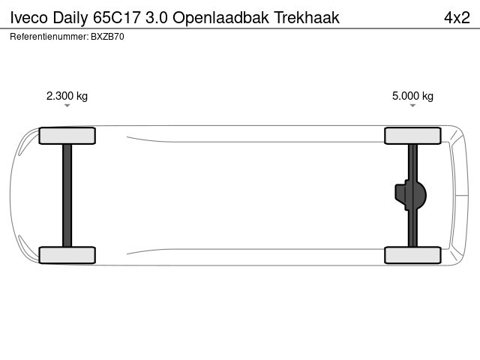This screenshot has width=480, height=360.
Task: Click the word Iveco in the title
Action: (x=28, y=17)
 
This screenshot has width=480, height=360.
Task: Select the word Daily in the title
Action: (x=70, y=18)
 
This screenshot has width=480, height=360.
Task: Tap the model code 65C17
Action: (x=117, y=17)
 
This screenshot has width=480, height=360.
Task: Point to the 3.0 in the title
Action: (x=157, y=17)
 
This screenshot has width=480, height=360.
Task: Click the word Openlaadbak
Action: (x=220, y=18)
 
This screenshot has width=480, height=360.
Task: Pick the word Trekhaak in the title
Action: (x=307, y=17)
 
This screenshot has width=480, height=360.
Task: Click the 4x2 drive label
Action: (x=457, y=17)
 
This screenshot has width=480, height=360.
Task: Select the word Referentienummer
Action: (x=49, y=37)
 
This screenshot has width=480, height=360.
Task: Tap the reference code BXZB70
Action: (x=107, y=37)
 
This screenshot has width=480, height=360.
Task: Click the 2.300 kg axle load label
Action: (x=67, y=96)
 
